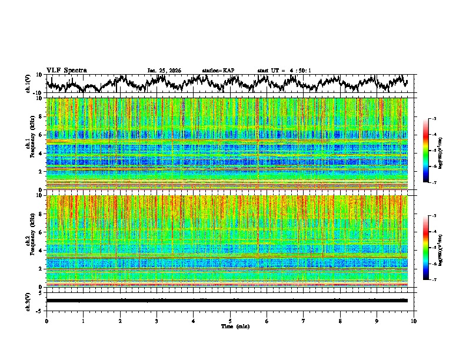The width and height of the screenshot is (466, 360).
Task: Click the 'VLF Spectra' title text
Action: tap(66, 70)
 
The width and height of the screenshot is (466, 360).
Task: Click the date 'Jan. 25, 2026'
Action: tap(164, 71)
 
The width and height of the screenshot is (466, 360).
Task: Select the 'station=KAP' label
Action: tap(218, 71)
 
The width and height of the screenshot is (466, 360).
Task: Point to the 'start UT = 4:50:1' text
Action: tap(284, 71)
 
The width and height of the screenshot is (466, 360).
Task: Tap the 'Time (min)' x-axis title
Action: tap(230, 326)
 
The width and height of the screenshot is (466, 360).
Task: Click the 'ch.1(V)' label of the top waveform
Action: tap(28, 84)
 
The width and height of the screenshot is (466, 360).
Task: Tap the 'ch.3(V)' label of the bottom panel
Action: tap(28, 300)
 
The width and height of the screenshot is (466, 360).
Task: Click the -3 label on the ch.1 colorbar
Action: tap(434, 119)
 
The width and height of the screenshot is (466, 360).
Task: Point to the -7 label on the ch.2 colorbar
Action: tap(434, 280)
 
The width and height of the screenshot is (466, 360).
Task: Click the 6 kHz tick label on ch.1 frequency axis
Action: tap(41, 135)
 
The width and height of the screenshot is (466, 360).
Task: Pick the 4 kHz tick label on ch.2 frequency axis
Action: tap(41, 251)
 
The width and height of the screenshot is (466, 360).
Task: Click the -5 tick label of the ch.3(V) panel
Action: tap(39, 309)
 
